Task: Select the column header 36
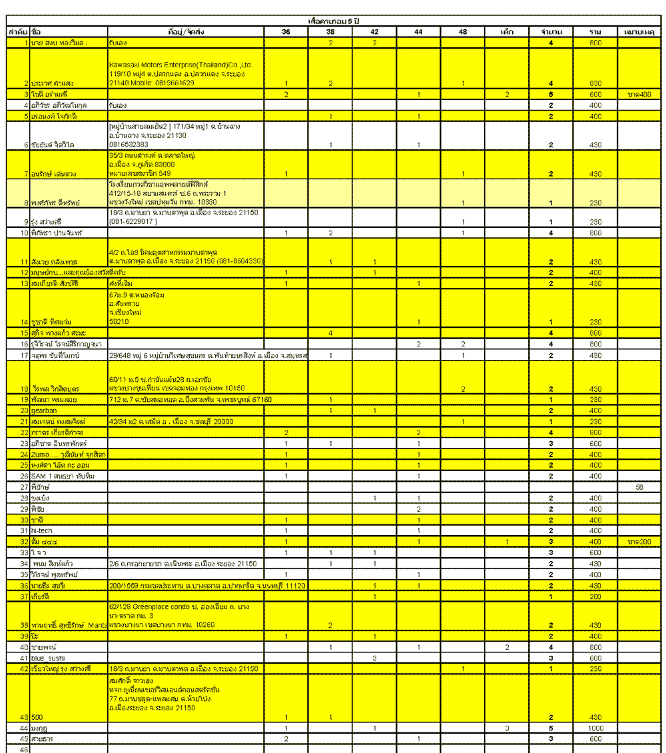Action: [x=286, y=32]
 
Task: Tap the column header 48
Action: [x=462, y=32]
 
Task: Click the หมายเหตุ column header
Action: [x=639, y=32]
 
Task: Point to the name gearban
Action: [x=45, y=410]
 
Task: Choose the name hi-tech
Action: [x=42, y=530]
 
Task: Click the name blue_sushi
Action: [x=48, y=658]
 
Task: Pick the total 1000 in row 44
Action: [x=595, y=728]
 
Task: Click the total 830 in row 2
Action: [x=595, y=83]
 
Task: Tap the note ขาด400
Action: [x=639, y=95]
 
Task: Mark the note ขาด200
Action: [x=639, y=542]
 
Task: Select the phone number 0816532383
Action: [x=129, y=145]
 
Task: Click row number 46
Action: [x=25, y=750]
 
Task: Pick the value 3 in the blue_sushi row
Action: [x=374, y=658]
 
